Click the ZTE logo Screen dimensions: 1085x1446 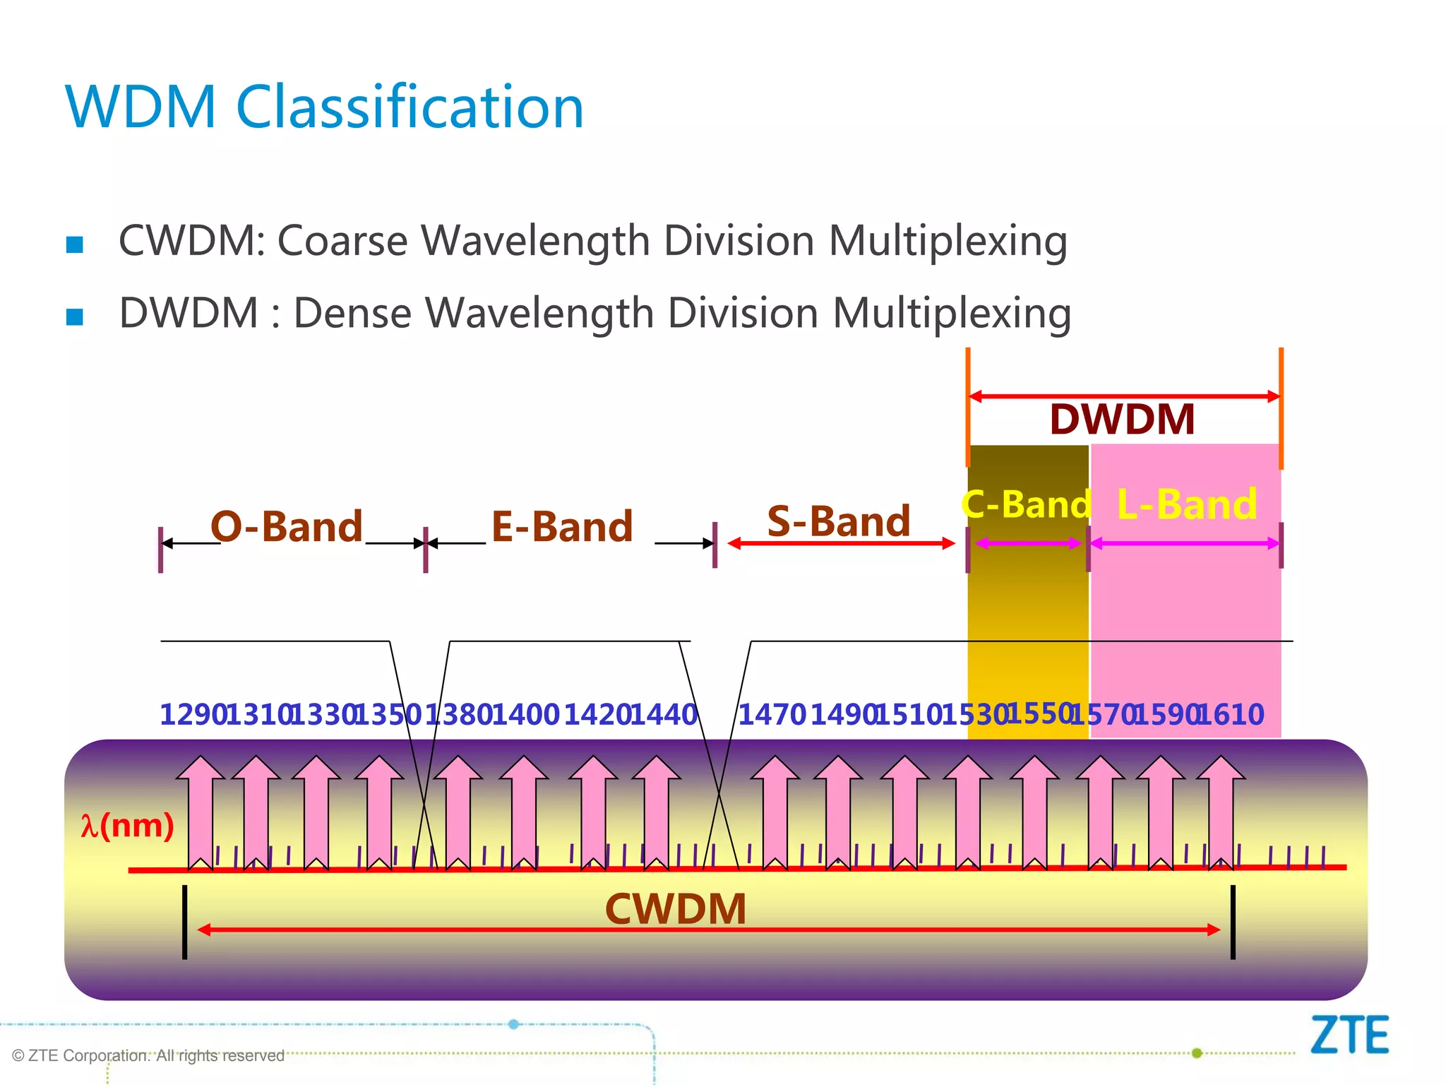click(x=1349, y=1035)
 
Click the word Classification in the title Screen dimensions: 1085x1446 click(x=410, y=107)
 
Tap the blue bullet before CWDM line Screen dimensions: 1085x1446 click(x=74, y=244)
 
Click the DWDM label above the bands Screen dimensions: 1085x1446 click(x=1122, y=419)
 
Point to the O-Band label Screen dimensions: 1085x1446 click(x=287, y=527)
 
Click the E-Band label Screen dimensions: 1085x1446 click(x=562, y=527)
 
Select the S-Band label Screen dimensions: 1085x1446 click(x=838, y=521)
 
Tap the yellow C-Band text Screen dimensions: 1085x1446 click(x=1026, y=504)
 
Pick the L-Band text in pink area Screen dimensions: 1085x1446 click(x=1186, y=504)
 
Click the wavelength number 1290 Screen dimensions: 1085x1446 click(x=192, y=715)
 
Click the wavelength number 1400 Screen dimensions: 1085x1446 click(x=525, y=715)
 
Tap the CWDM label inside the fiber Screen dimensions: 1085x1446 click(x=676, y=909)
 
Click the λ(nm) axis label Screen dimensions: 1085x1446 click(x=127, y=825)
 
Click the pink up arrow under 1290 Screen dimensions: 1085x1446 click(x=201, y=812)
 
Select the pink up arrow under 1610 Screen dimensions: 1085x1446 click(x=1221, y=812)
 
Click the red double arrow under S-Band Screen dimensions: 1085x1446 click(x=840, y=543)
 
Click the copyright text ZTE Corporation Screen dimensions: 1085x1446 click(x=148, y=1055)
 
